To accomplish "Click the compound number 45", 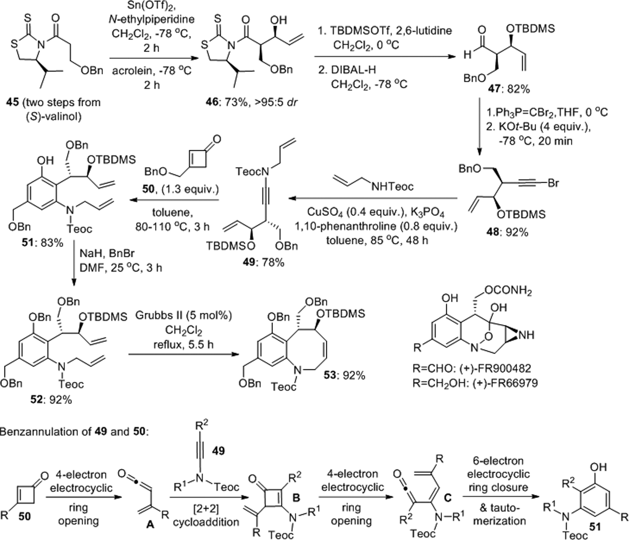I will [x=12, y=102].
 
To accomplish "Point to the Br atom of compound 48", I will [x=553, y=183].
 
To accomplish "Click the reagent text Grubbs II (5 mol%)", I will [x=183, y=316].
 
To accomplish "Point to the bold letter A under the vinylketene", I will [x=150, y=525].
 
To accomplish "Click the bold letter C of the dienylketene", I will [x=447, y=498].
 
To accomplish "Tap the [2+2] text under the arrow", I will [x=205, y=508].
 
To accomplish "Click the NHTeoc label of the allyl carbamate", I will [x=392, y=186].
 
